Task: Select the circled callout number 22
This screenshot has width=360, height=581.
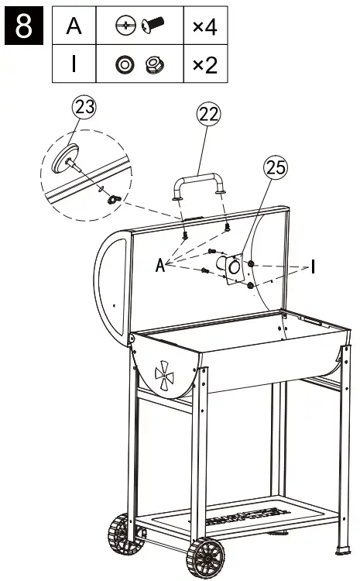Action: pyautogui.click(x=208, y=114)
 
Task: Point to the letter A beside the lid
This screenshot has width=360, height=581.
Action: pyautogui.click(x=160, y=266)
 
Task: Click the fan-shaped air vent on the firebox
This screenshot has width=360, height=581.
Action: pyautogui.click(x=166, y=375)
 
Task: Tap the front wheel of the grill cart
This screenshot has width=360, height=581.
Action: pyautogui.click(x=205, y=556)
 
